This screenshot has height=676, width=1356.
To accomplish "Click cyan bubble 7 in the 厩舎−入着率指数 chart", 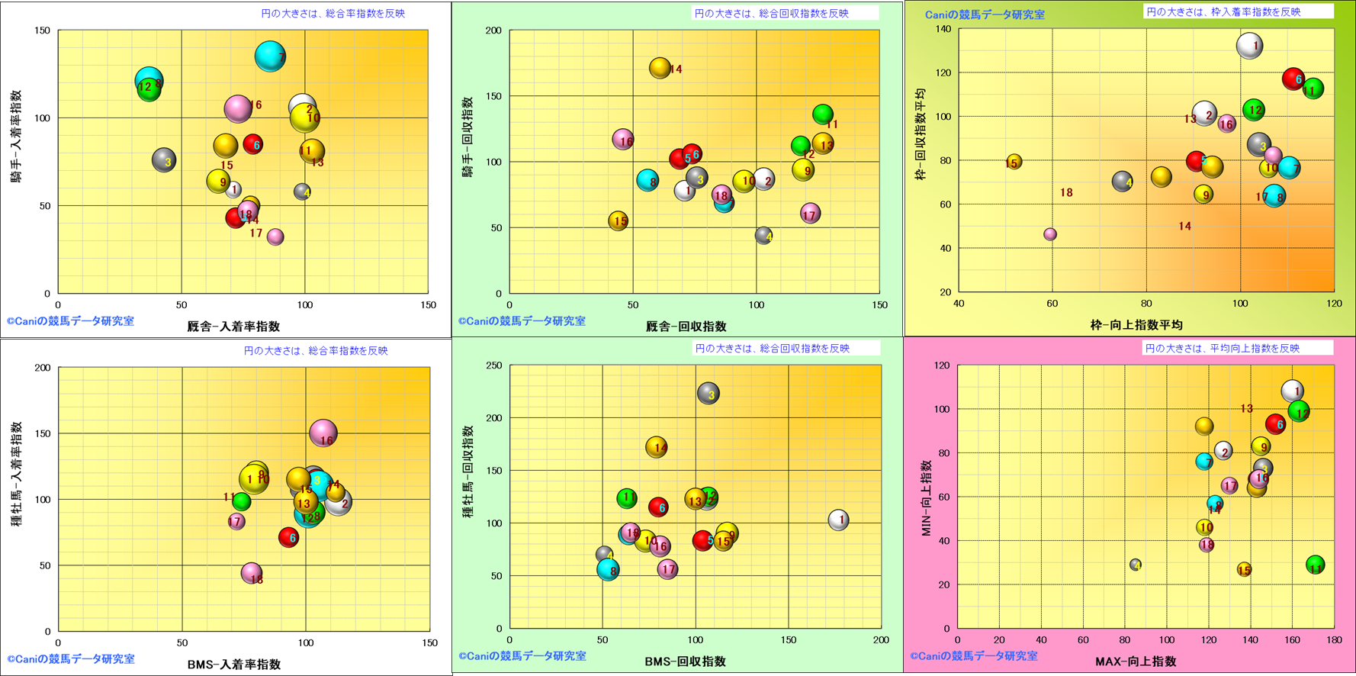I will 270,56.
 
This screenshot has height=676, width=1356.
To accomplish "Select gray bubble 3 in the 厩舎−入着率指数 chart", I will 164,160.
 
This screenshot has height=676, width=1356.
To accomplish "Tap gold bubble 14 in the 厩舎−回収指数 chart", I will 660,68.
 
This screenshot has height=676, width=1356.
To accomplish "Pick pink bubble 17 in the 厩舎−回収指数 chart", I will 810,214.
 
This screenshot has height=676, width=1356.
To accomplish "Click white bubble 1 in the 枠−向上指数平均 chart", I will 1249,46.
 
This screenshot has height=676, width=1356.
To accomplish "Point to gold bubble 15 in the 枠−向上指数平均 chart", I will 1013,162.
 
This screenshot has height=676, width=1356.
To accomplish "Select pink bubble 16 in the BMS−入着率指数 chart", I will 324,433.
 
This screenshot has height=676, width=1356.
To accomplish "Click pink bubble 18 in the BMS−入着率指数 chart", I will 252,573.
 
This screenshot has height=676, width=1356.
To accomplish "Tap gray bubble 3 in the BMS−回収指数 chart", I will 709,393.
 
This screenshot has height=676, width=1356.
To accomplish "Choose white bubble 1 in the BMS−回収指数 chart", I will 839,520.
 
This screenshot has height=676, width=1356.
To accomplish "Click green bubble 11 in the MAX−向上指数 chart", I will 1315,565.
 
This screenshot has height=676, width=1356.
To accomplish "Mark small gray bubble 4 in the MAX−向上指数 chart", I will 1136,565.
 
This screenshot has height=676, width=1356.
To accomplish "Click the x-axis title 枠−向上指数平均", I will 1136,325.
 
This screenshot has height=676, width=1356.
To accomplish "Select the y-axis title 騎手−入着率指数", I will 16,137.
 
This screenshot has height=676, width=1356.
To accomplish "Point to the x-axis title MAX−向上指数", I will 1136,662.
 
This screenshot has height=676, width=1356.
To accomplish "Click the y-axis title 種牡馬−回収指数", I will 468,472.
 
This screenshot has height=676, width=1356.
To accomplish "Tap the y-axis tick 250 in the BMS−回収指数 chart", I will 494,365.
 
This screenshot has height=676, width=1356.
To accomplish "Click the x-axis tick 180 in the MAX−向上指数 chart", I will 1335,640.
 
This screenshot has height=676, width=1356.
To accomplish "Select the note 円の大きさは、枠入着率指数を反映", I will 1223,12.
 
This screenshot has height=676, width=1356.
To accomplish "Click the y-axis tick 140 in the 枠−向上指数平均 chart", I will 943,29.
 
